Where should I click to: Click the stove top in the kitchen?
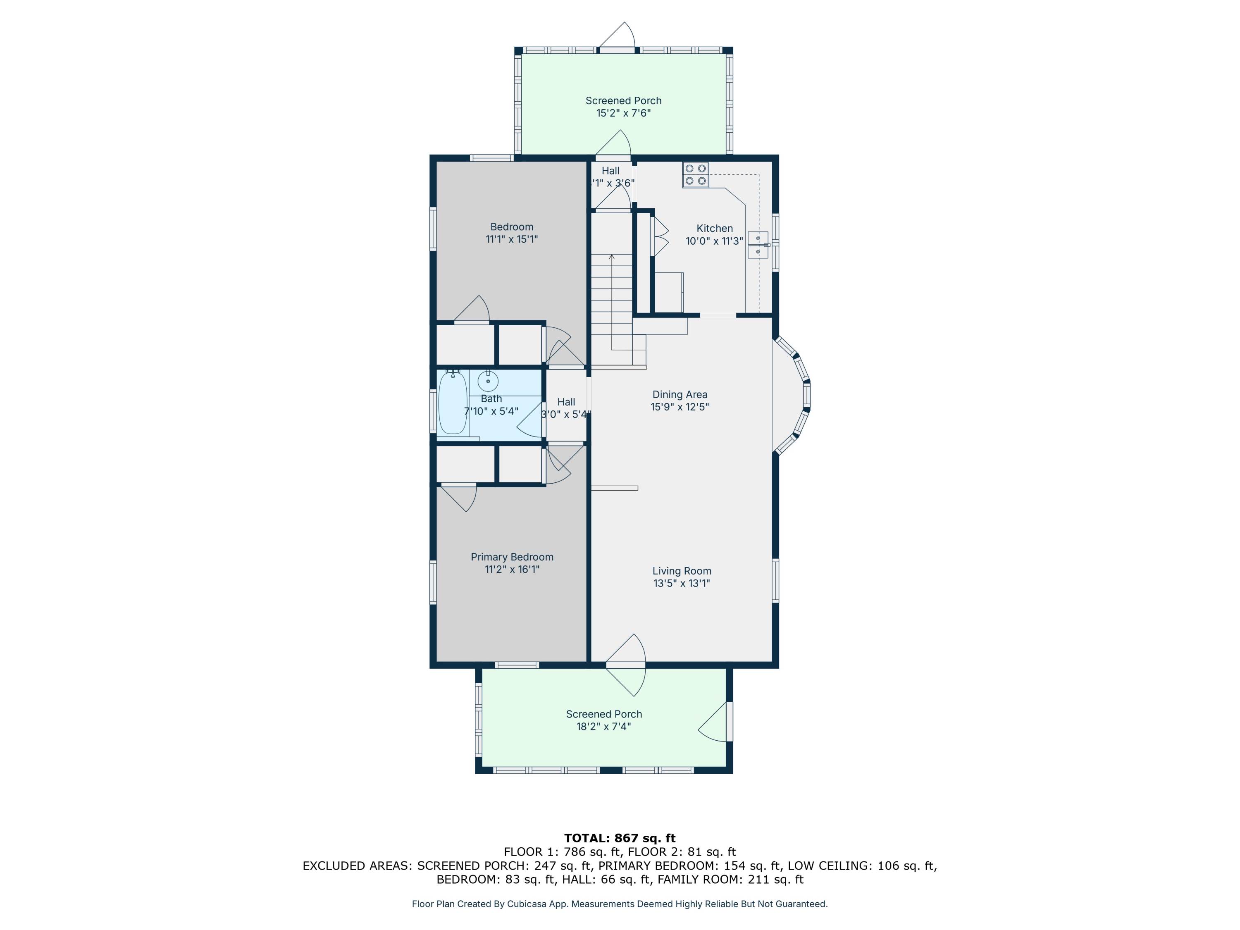[696, 175]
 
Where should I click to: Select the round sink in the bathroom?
[488, 381]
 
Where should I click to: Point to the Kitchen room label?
[714, 228]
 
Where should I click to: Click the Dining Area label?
[680, 395]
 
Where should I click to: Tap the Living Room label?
[682, 571]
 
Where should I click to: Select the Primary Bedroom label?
[512, 557]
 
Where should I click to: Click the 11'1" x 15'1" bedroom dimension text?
[512, 239]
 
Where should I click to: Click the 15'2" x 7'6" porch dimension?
[623, 113]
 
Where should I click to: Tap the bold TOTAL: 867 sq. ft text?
[620, 838]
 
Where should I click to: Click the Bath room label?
[491, 398]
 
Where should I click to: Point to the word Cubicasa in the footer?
[527, 904]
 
